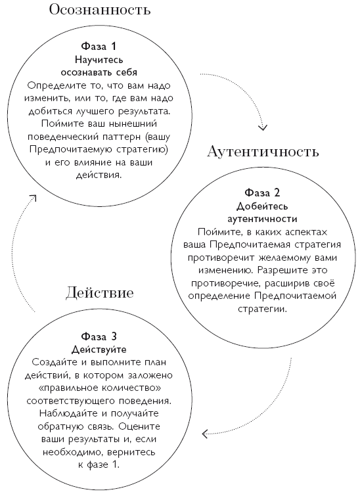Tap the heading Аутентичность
pyautogui.click(x=263, y=152)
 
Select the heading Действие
pyautogui.click(x=99, y=292)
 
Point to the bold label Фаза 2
pyautogui.click(x=263, y=194)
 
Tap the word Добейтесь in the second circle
pyautogui.click(x=263, y=206)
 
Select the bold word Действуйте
pyautogui.click(x=99, y=349)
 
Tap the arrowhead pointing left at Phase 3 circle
pyautogui.click(x=206, y=433)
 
